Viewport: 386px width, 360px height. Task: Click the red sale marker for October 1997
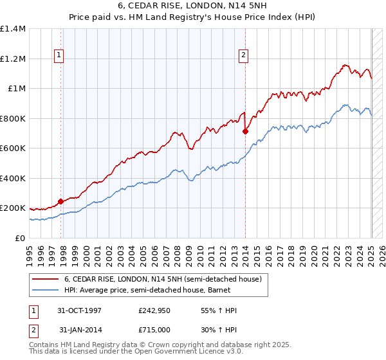[61, 201]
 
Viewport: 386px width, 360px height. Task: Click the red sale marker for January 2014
[245, 131]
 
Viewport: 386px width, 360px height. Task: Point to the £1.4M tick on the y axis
[13, 29]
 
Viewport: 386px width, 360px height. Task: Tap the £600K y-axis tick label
[12, 148]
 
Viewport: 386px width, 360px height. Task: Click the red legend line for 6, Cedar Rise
[45, 280]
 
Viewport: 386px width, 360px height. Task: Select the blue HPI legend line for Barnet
[45, 291]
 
